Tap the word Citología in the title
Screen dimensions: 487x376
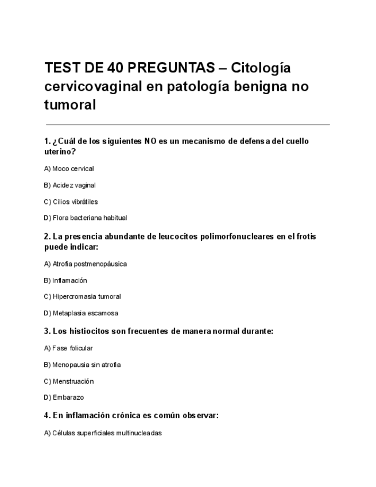click(261, 68)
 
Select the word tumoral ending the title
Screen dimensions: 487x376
click(69, 105)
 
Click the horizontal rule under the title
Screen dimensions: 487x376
click(187, 125)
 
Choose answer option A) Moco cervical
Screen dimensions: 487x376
click(69, 169)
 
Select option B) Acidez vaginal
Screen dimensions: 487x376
click(69, 185)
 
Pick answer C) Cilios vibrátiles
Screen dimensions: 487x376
click(71, 202)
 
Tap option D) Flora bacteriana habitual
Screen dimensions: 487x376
click(86, 218)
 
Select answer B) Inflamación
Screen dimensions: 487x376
click(65, 281)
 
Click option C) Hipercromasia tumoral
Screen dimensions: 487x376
click(82, 297)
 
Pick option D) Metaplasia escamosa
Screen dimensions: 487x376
click(81, 314)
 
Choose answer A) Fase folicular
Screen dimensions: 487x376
click(68, 348)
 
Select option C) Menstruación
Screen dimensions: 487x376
click(69, 381)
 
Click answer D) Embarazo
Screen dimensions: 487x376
click(64, 397)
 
